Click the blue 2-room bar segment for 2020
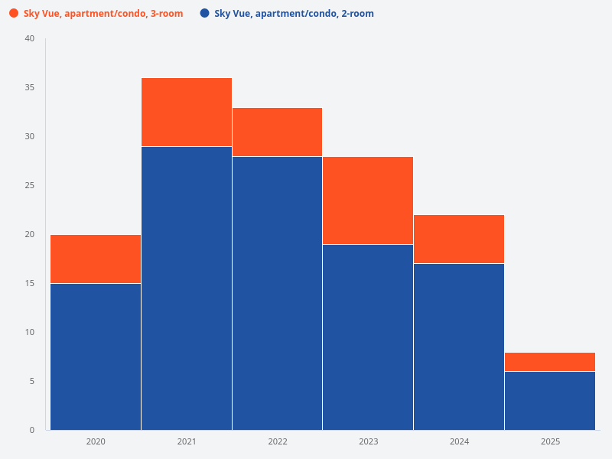[x=96, y=356]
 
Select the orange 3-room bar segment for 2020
[x=96, y=259]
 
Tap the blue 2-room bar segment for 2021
[x=187, y=288]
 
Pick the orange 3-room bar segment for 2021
[x=187, y=112]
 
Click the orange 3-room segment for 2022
[x=277, y=132]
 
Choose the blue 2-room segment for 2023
[x=368, y=337]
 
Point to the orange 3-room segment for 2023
[x=368, y=200]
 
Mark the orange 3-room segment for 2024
[x=459, y=239]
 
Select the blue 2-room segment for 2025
[x=550, y=400]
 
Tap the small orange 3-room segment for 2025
[x=550, y=362]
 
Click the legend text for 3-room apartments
[x=103, y=14]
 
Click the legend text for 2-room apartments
[x=294, y=14]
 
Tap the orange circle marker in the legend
[x=14, y=14]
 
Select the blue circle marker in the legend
[x=204, y=14]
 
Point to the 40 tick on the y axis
[x=30, y=38]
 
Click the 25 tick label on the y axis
[x=30, y=185]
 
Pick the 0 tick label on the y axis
[x=32, y=430]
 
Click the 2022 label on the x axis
[x=277, y=441]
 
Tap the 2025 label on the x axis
[x=550, y=441]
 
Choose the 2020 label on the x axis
[x=96, y=441]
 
